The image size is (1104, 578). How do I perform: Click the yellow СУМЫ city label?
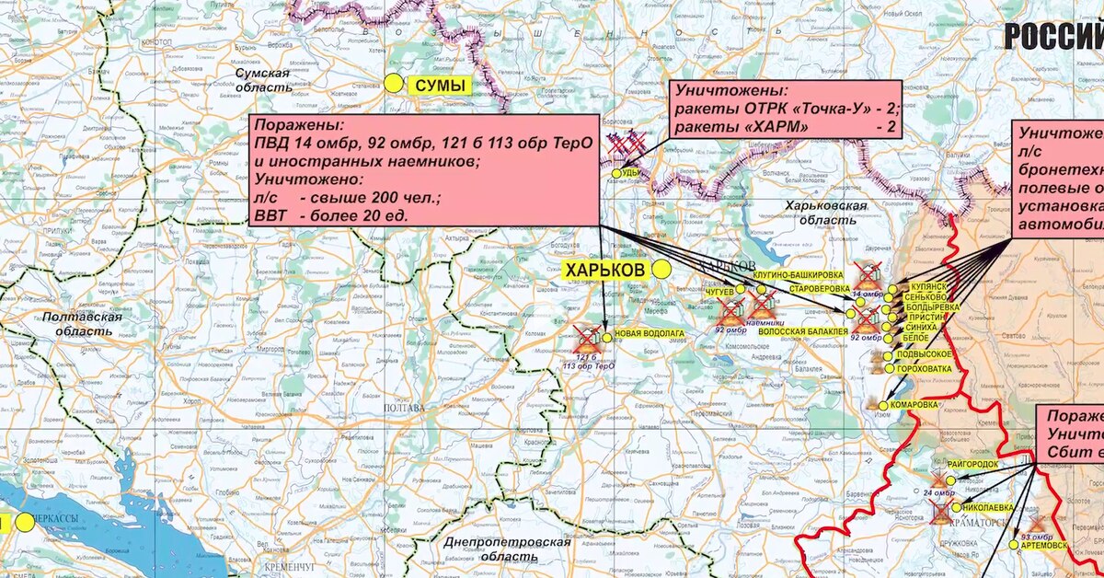(x=438, y=86)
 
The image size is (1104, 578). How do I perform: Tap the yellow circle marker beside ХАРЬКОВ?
(x=662, y=269)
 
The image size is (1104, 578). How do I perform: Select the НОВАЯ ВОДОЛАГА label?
(x=650, y=333)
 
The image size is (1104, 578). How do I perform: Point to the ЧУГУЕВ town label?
(x=720, y=291)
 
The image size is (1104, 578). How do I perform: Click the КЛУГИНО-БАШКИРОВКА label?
(x=797, y=275)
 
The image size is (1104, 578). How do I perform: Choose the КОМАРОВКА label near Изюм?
(x=915, y=404)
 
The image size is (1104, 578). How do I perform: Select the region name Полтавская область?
(x=82, y=323)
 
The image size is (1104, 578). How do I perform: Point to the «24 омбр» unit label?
(x=938, y=492)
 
